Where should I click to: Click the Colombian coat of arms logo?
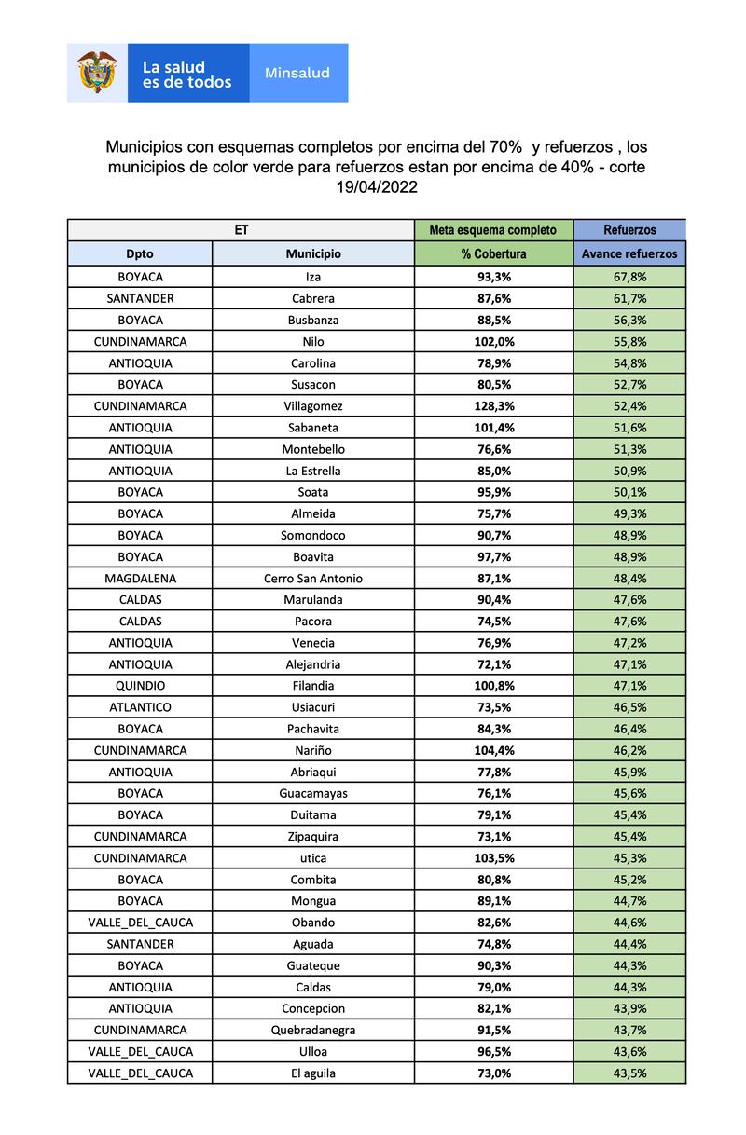(x=97, y=72)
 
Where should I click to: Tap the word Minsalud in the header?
(x=297, y=73)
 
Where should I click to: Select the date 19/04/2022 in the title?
(x=377, y=186)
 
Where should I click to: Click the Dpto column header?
(x=140, y=253)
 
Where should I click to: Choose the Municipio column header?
(x=313, y=253)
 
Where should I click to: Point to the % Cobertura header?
(x=493, y=253)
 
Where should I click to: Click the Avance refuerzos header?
(x=629, y=253)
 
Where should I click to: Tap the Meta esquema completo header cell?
(x=493, y=229)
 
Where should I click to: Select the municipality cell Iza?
(x=313, y=277)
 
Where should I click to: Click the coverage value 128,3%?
(x=493, y=406)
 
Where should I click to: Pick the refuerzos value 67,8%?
(x=629, y=277)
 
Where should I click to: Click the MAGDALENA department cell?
(x=140, y=579)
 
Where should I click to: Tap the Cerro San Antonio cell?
(x=313, y=579)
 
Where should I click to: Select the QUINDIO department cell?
(x=140, y=686)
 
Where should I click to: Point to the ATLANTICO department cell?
(x=140, y=707)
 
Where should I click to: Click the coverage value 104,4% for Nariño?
(x=493, y=750)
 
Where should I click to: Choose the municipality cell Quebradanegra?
(x=313, y=1030)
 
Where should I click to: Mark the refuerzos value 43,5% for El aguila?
(x=629, y=1073)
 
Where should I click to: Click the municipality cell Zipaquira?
(x=313, y=837)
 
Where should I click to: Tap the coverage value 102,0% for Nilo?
(x=493, y=342)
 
